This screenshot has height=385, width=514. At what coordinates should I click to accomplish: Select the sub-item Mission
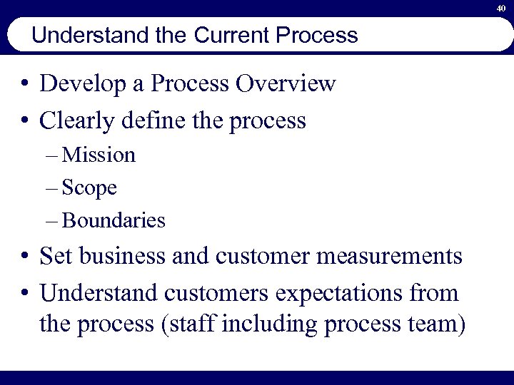click(99, 155)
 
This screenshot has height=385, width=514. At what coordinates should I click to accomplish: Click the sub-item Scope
click(90, 188)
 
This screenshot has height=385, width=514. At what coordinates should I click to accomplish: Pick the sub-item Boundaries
click(114, 221)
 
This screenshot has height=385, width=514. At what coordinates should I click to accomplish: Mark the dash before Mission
click(55, 156)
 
